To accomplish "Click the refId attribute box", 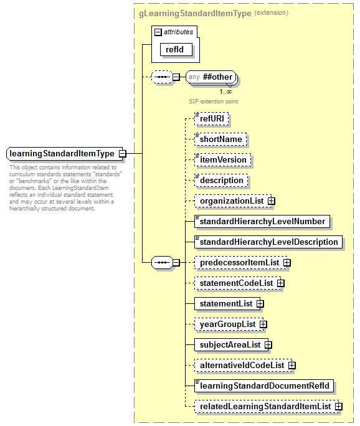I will tap(175, 49).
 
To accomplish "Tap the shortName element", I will tap(220, 140).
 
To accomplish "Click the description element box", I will tap(222, 181).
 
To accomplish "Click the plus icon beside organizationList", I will tap(272, 201).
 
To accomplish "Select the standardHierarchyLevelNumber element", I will tap(262, 221).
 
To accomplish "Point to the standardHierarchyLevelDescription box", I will tap(268, 242).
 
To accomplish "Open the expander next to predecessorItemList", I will tap(287, 263).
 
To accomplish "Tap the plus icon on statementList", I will tap(260, 304).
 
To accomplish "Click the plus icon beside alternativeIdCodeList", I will tap(291, 366).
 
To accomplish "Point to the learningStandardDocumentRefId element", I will tap(264, 386).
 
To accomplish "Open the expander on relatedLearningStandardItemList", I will tap(339, 407).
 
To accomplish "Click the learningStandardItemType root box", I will tap(62, 153).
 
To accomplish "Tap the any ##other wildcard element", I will tap(211, 77).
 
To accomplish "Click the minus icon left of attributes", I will tap(158, 32).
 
